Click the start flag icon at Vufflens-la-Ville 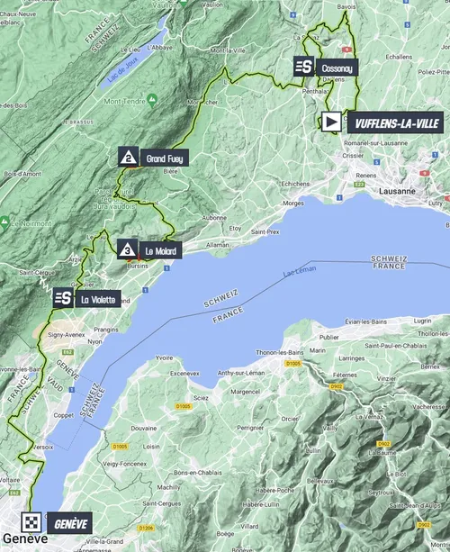331,122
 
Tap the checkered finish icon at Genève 31,522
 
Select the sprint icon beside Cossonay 303,67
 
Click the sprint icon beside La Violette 62,299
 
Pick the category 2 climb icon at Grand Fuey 130,158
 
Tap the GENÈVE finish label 73,522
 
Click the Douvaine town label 132,431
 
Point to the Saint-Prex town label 265,231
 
